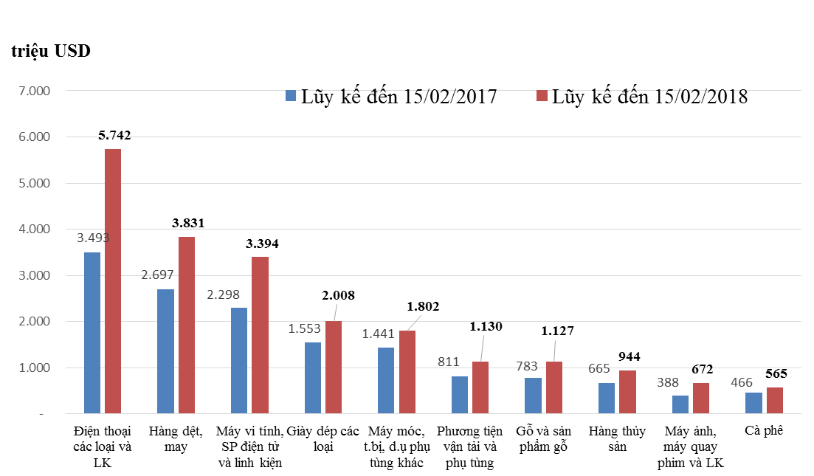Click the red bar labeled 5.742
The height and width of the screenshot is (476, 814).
click(x=113, y=281)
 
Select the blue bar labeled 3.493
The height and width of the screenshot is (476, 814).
click(x=92, y=333)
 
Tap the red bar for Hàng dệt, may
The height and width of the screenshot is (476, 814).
click(x=186, y=325)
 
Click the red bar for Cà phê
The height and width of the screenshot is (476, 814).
click(x=774, y=401)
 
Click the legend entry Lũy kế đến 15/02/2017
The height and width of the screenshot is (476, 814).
click(x=390, y=97)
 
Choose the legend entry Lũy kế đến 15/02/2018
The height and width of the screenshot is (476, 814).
click(x=641, y=97)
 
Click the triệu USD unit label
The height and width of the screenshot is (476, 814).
click(x=51, y=52)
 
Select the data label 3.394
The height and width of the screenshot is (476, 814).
click(x=261, y=244)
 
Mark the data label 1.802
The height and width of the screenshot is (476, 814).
click(x=421, y=306)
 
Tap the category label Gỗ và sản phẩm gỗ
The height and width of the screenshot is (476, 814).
click(x=544, y=438)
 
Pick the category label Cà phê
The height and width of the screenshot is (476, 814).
click(x=764, y=431)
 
